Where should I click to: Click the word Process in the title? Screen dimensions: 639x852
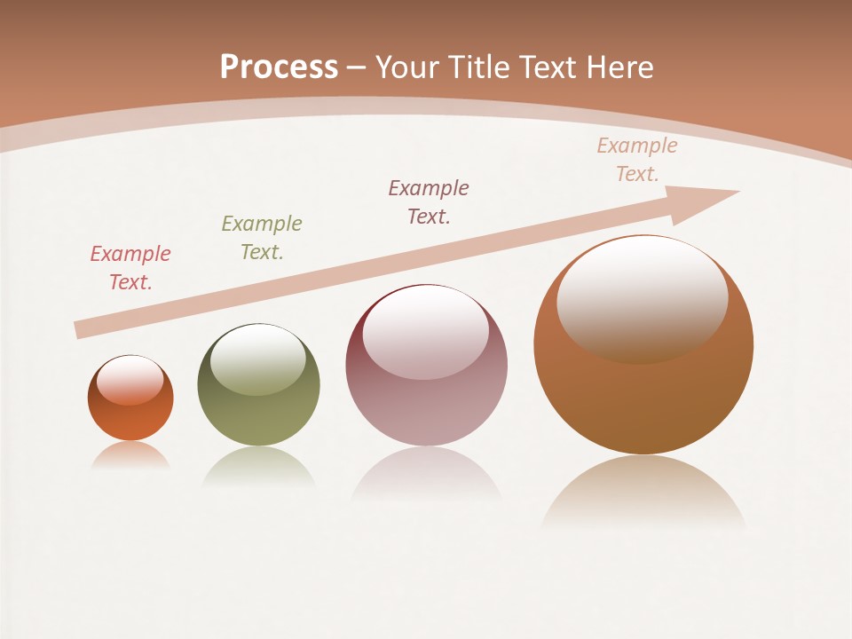tap(279, 67)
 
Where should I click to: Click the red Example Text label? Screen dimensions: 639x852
tap(130, 268)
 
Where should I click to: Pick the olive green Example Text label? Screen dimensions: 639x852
tap(262, 238)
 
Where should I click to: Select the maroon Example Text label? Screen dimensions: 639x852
tap(429, 202)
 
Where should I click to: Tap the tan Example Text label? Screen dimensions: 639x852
tap(637, 160)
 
